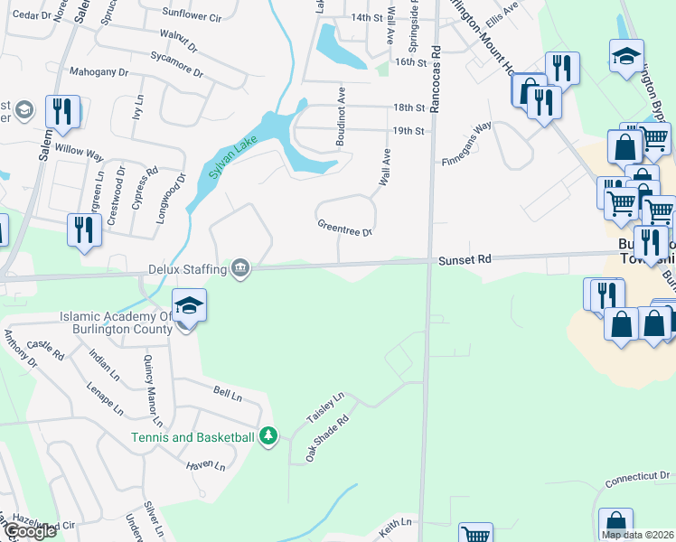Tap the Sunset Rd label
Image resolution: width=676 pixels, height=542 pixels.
(x=465, y=259)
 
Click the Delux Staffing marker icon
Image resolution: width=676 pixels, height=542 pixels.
(x=240, y=268)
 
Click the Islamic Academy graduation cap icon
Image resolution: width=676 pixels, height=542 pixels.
(x=189, y=305)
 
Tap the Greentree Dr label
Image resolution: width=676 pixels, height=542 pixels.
(x=344, y=227)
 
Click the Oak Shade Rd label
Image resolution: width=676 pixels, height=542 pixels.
(x=326, y=438)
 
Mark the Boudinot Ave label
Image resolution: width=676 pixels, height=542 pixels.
(x=341, y=117)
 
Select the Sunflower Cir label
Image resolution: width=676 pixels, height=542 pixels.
(x=192, y=16)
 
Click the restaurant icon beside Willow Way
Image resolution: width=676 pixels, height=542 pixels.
(x=62, y=112)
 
